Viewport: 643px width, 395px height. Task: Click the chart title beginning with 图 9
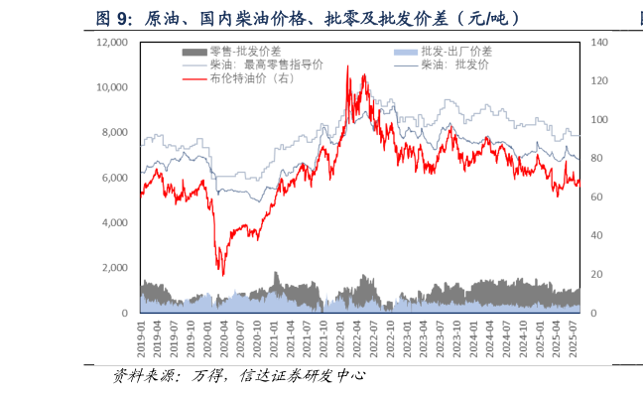[308, 19]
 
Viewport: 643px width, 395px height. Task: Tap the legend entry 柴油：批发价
[454, 65]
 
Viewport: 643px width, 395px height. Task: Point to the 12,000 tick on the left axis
[112, 43]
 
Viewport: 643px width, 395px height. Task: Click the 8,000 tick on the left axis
[115, 132]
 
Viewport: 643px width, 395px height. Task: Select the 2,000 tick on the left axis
[115, 268]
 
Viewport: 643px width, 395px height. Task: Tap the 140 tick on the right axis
[599, 43]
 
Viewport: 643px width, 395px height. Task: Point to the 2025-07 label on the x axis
[574, 339]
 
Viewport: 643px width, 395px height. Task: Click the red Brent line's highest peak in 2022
[347, 66]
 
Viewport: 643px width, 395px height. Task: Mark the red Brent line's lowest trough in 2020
[222, 275]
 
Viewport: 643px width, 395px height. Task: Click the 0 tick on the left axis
[124, 313]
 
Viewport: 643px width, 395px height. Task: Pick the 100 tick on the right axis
[599, 120]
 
